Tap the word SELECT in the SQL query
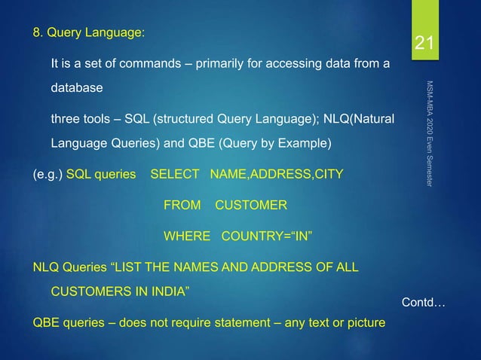(x=176, y=175)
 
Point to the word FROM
(x=182, y=205)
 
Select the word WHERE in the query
(x=187, y=236)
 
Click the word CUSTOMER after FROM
(x=251, y=205)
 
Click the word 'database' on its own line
(x=76, y=89)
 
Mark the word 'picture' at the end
(x=366, y=324)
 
